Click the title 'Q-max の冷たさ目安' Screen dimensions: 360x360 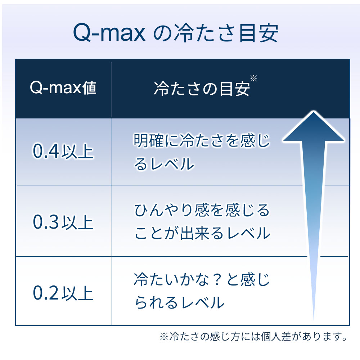coord(176,33)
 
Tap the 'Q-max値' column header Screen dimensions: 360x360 coord(63,88)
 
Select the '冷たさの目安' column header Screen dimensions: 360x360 coord(202,89)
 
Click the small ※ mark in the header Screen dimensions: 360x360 coord(253,78)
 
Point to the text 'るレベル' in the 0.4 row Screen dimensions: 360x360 coord(164,164)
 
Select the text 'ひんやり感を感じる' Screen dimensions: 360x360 coord(202,210)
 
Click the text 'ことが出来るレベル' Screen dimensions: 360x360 coord(202,233)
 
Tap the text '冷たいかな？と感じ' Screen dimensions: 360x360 coord(202,279)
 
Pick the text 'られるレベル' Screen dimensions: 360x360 coord(179,302)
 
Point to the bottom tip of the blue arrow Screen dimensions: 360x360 coord(314,320)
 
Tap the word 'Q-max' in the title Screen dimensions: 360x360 coord(109,33)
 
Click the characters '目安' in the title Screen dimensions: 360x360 coord(258,33)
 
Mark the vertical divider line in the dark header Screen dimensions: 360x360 coord(112,90)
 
